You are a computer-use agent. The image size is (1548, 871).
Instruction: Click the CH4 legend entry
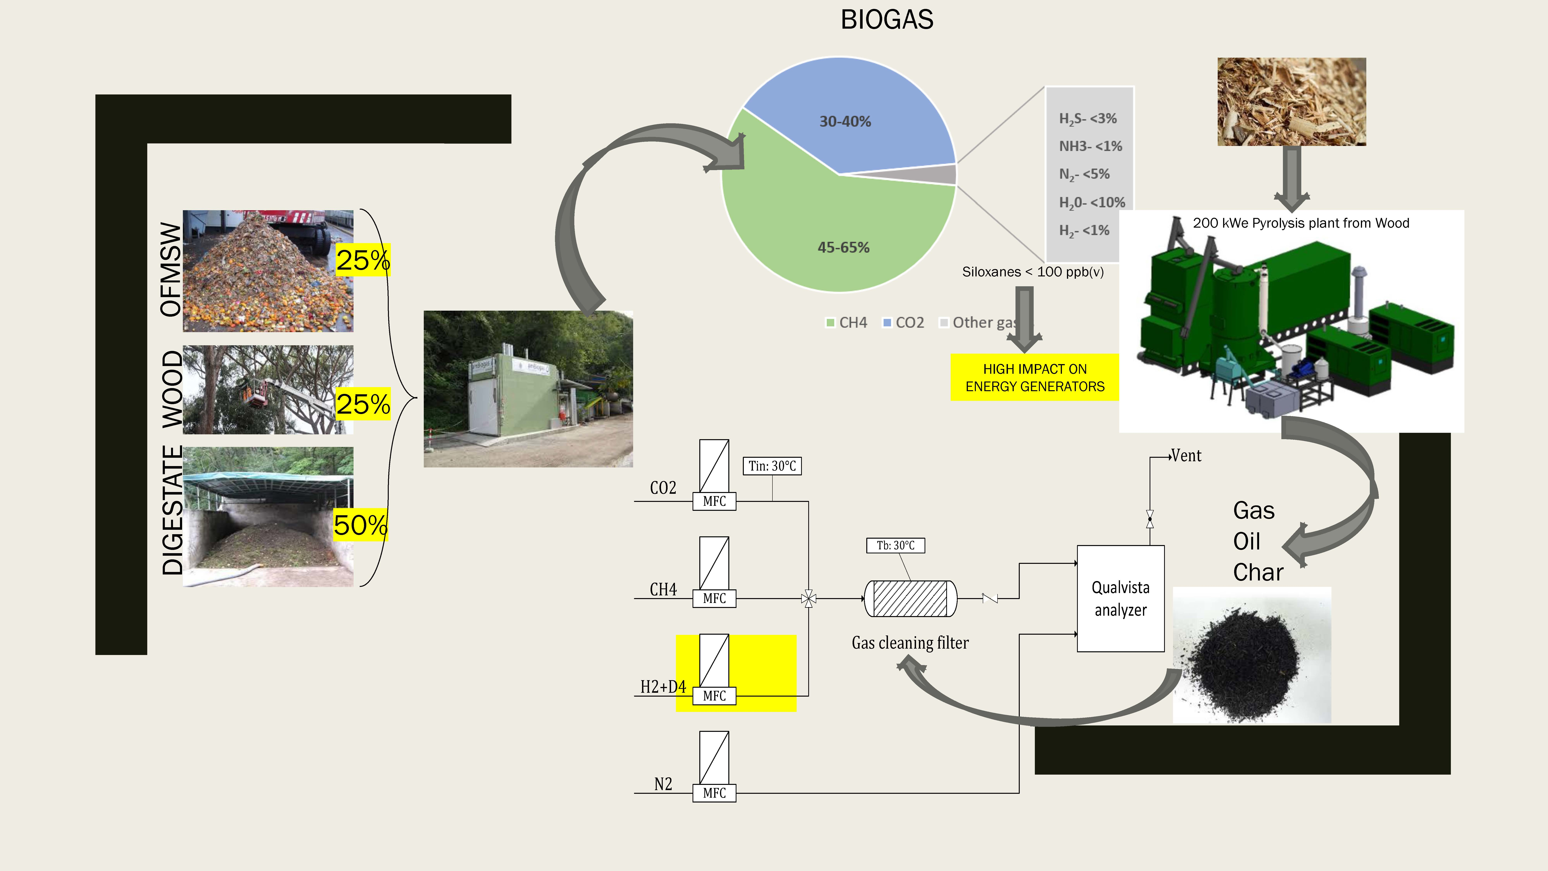tap(847, 323)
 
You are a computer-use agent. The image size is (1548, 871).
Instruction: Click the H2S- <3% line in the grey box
tap(1088, 118)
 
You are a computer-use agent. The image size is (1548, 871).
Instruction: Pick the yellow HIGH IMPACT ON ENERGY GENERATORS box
tap(1034, 377)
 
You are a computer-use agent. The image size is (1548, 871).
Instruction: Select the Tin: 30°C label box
tap(772, 466)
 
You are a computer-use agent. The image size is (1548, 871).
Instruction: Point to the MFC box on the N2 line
tap(714, 793)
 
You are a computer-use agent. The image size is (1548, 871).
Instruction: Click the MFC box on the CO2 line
tap(714, 501)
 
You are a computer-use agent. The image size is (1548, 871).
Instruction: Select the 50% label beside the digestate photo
tap(360, 525)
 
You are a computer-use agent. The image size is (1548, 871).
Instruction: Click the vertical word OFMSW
tap(171, 269)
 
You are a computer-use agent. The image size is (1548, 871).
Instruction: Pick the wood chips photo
tap(1291, 102)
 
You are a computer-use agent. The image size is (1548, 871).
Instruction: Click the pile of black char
tap(1247, 664)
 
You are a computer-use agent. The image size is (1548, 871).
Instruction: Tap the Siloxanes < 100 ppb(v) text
tap(1032, 272)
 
